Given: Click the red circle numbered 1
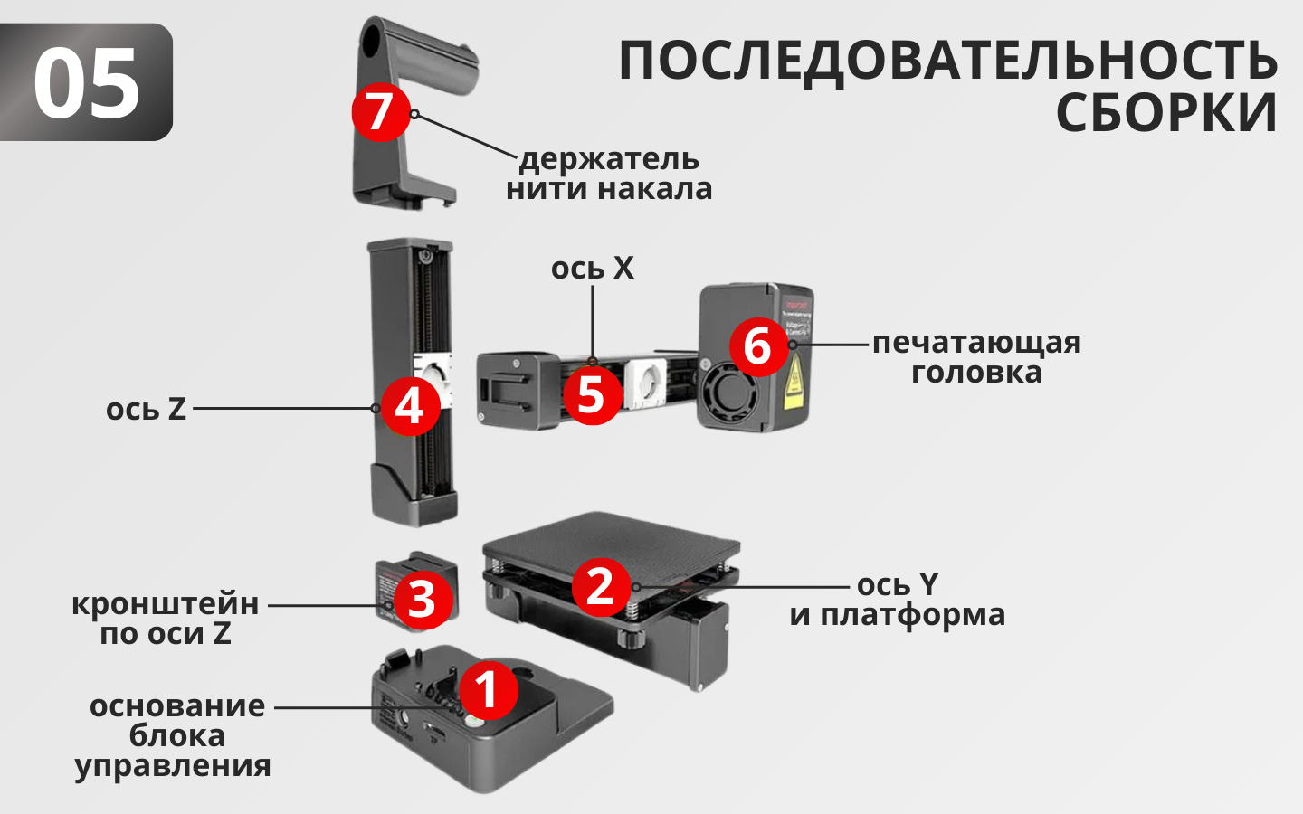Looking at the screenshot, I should [488, 690].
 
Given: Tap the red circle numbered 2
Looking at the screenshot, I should [601, 587].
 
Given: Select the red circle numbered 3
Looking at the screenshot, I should [423, 600].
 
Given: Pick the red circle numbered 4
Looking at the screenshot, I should [410, 406].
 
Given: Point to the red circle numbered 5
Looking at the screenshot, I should [592, 395].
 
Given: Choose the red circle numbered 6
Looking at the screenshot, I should [758, 346].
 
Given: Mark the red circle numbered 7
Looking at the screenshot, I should [381, 111].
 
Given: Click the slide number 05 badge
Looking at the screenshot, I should [86, 82].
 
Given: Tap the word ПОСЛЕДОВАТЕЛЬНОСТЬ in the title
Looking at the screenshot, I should [947, 61].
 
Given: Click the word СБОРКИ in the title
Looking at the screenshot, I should [1165, 113].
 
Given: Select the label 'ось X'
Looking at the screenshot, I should [593, 269].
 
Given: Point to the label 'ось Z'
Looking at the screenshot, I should [146, 409].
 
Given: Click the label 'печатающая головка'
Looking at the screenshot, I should [976, 357].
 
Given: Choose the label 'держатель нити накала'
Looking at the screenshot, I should [609, 174].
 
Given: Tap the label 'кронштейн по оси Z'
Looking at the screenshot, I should [166, 619].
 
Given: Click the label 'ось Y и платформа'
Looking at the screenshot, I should [898, 599].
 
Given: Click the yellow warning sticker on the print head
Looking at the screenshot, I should [794, 382].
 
